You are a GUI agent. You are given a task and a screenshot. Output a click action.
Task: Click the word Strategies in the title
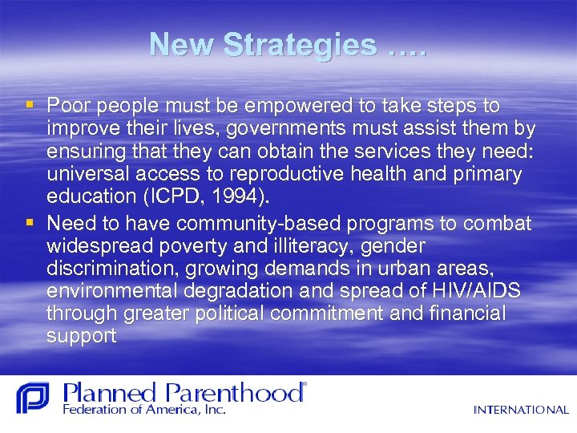click(301, 45)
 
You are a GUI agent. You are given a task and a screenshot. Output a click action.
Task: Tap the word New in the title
click(183, 45)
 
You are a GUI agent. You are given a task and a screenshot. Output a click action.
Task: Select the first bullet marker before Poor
click(30, 105)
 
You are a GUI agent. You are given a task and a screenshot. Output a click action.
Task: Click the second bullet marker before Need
click(30, 221)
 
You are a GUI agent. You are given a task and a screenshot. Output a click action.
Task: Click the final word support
click(81, 336)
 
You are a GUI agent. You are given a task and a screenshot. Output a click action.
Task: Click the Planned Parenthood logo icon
click(33, 399)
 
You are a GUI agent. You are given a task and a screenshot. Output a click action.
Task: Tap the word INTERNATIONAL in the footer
click(520, 410)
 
